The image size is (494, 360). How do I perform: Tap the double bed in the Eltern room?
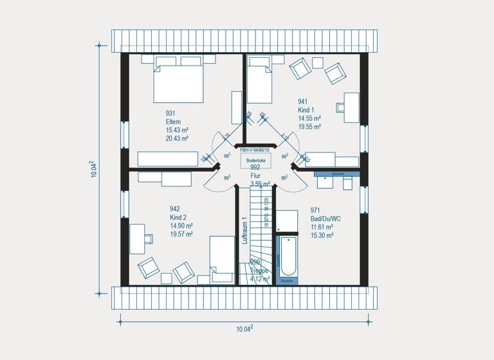[x=179, y=82]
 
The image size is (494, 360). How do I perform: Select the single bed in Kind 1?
[x=260, y=82]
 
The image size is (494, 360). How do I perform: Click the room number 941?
[x=302, y=101]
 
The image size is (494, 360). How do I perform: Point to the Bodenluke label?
[x=256, y=159]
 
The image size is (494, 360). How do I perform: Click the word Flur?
[x=257, y=175]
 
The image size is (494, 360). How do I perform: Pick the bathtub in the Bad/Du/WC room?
[x=286, y=259]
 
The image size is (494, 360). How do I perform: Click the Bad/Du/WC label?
[x=325, y=219]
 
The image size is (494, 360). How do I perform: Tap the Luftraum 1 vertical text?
[x=244, y=230]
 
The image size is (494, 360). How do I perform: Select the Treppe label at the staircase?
[x=260, y=271]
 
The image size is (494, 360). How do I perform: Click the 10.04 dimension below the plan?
[x=243, y=329]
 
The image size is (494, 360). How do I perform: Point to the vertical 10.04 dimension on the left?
[x=94, y=170]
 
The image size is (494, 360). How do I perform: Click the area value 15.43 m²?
[x=177, y=130]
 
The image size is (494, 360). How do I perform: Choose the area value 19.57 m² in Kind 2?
[x=181, y=234]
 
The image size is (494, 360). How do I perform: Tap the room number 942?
[x=174, y=209]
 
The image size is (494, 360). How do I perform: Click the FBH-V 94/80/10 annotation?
[x=255, y=150]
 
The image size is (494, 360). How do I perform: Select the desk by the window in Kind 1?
[x=351, y=107]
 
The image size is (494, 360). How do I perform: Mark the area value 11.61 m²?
[x=322, y=227]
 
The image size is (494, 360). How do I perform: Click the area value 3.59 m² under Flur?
[x=260, y=184]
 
